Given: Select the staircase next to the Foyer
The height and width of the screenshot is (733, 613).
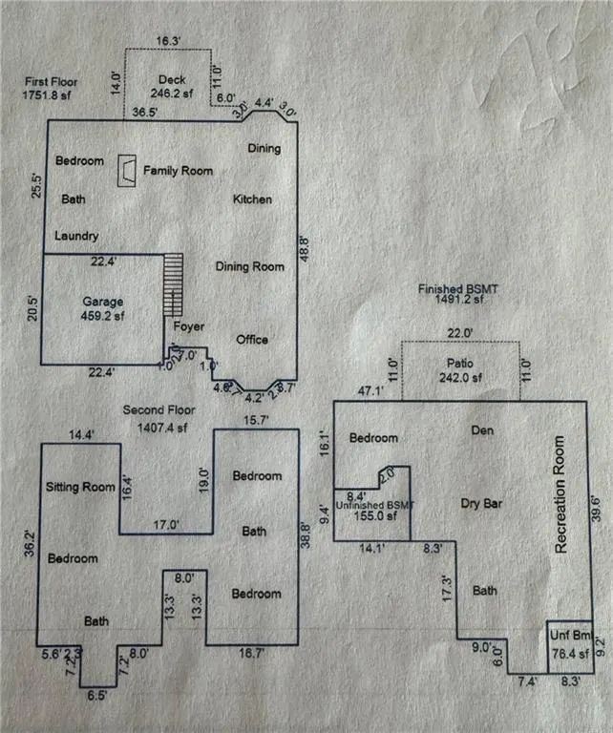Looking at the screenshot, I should pos(173,284).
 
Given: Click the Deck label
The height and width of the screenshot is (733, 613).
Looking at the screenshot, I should pos(172,81).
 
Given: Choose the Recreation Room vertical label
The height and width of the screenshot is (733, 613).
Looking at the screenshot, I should pos(560,495).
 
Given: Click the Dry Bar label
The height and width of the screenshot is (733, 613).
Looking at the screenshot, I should pos(481,502).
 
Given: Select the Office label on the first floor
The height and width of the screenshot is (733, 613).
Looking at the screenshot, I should pos(252,340).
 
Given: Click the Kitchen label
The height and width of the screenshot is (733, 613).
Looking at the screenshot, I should pos(253,199).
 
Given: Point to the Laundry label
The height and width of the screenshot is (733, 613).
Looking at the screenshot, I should pos(76,236).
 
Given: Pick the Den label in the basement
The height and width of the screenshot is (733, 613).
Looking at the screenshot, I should pos(483,429).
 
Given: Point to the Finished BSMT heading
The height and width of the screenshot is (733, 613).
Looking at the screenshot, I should pos(460,288).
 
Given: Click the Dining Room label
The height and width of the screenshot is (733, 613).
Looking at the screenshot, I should pos(249,267).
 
